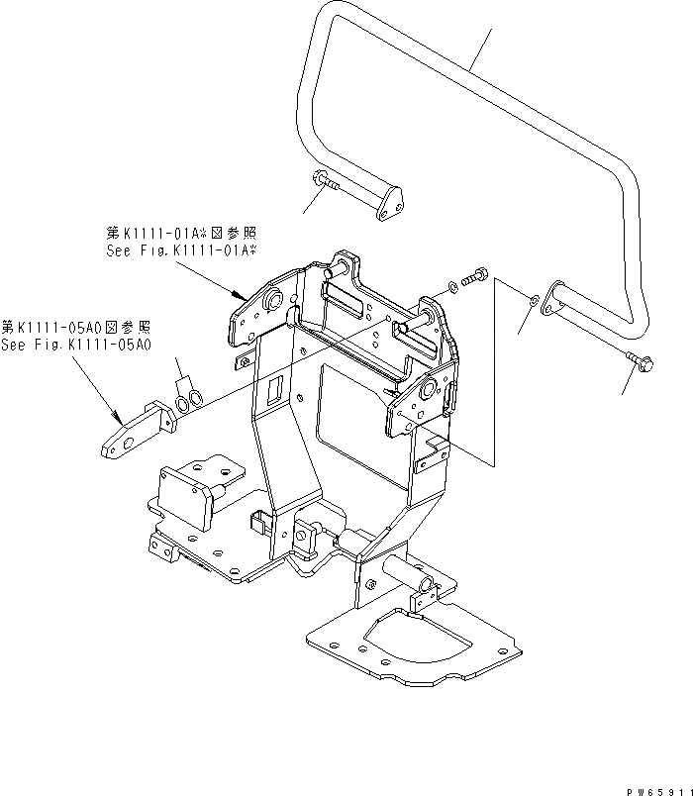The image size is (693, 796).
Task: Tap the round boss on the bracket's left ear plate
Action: (x=275, y=299)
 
